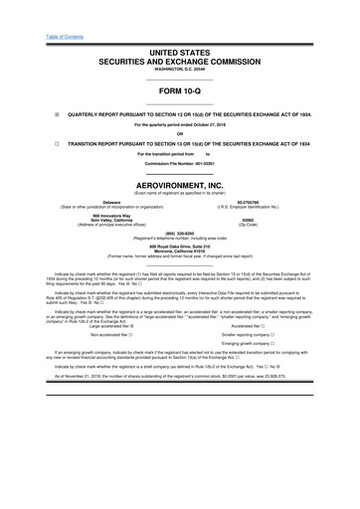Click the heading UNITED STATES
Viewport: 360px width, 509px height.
click(180, 50)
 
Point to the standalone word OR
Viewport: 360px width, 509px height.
click(180, 133)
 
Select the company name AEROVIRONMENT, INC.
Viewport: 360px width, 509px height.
click(180, 186)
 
